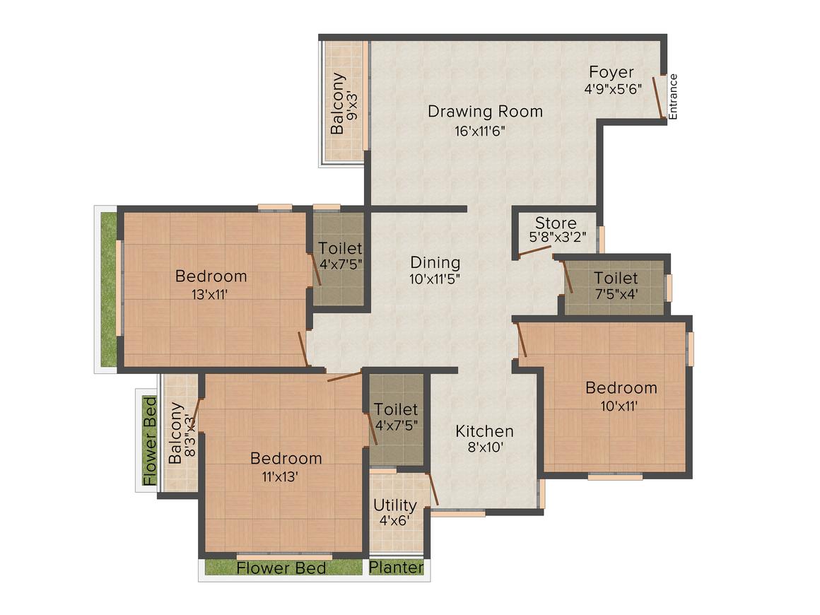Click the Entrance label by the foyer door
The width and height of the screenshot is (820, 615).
tap(674, 96)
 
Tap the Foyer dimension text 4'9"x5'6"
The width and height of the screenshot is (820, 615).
tap(612, 90)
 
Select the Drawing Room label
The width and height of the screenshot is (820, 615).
tap(485, 111)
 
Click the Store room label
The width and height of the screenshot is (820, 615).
tap(555, 223)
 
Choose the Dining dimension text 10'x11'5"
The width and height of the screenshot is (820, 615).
tap(435, 279)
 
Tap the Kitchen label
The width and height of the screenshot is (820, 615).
tap(484, 431)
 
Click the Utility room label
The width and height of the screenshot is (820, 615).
tap(394, 505)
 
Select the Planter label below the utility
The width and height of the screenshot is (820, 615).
tap(397, 568)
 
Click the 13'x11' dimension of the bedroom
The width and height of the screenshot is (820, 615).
tap(210, 295)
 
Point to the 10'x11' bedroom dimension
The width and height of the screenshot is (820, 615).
tap(621, 405)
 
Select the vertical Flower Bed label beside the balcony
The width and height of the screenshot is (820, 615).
tap(150, 440)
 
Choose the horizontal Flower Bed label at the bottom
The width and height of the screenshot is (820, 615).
tap(281, 568)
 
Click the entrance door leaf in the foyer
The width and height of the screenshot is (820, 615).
tap(657, 97)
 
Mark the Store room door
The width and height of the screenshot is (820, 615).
tap(535, 252)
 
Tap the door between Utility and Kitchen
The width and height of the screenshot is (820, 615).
tap(433, 489)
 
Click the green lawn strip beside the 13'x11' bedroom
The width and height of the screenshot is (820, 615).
tap(108, 290)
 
